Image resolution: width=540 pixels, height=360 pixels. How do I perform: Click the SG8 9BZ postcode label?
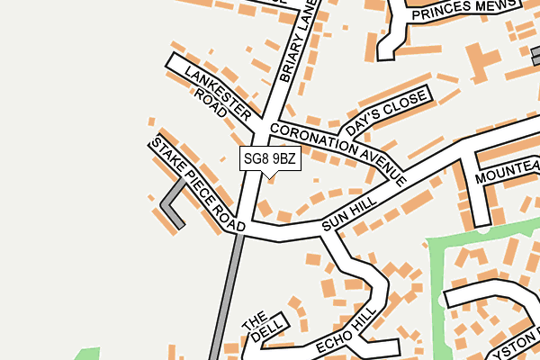click(x=269, y=159)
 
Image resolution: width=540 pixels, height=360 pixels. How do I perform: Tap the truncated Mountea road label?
click(x=508, y=172)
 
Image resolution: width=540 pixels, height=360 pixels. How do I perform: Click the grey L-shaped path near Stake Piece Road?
click(x=171, y=206)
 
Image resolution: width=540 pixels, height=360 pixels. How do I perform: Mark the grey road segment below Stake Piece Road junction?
click(x=225, y=297)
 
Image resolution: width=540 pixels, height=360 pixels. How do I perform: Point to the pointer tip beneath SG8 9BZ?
click(x=268, y=177)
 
